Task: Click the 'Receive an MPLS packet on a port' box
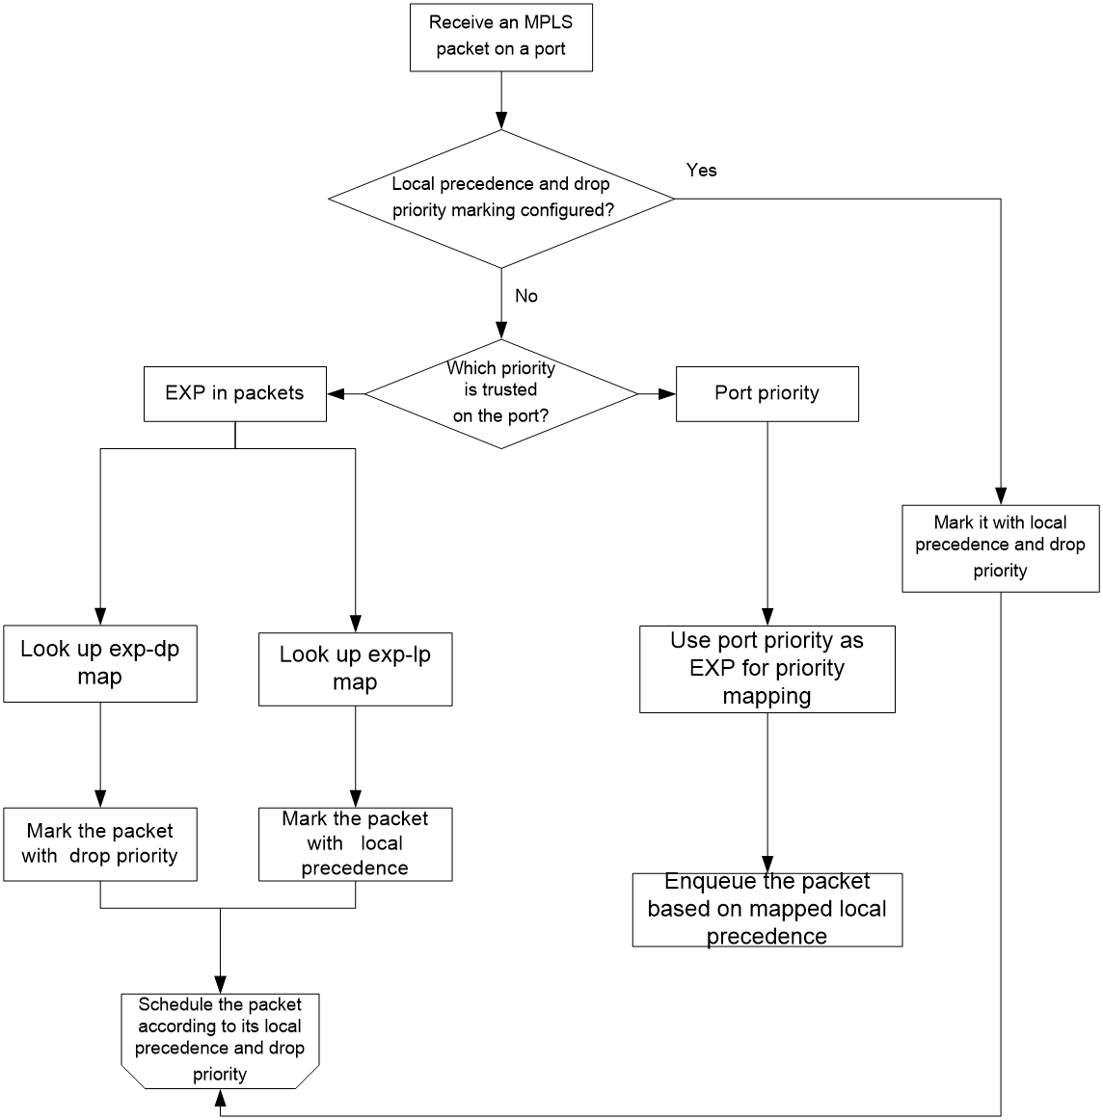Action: click(500, 38)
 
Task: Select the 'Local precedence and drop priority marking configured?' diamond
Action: click(500, 199)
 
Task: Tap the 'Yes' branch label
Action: click(701, 170)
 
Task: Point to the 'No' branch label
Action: click(525, 296)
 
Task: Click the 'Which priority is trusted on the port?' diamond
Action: click(500, 393)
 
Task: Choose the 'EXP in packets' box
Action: click(235, 393)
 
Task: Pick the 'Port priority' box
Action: click(767, 393)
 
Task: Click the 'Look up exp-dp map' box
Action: click(100, 663)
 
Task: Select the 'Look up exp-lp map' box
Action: click(355, 669)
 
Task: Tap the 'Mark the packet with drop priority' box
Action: click(100, 844)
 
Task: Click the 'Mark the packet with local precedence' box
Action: click(355, 844)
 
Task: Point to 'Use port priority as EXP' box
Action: click(767, 669)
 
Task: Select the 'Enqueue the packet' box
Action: click(767, 910)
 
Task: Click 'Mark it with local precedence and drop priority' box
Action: click(1000, 548)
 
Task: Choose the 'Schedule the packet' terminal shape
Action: click(220, 1041)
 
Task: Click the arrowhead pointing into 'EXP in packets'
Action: click(336, 393)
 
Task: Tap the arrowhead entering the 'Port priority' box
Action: click(666, 393)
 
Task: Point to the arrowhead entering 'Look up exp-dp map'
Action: click(100, 617)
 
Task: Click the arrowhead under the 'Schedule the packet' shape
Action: click(220, 1098)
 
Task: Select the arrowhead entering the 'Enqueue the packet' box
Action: click(767, 865)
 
